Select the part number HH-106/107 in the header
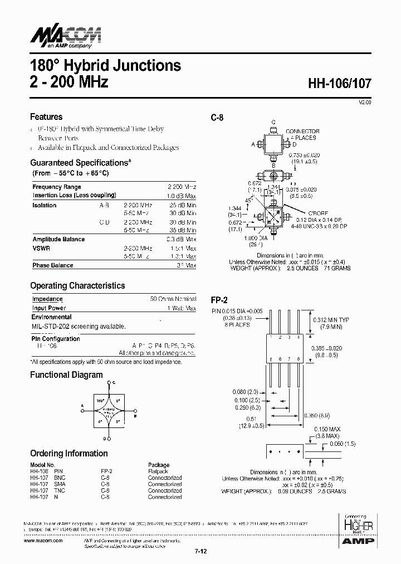[340, 84]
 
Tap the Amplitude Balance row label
[58, 239]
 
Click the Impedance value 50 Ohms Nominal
[173, 299]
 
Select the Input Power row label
[49, 308]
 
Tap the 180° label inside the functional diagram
[100, 400]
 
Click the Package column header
[159, 465]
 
